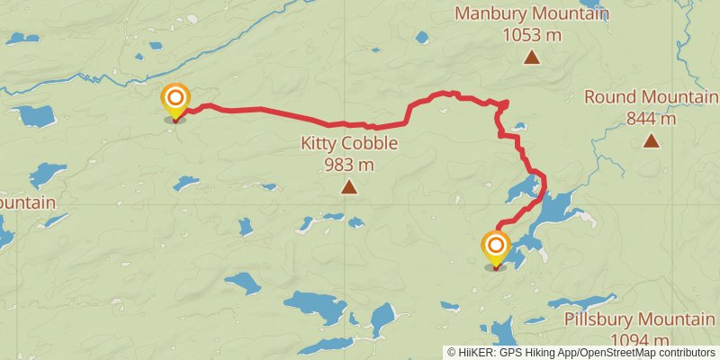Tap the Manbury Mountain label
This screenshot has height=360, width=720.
point(531,14)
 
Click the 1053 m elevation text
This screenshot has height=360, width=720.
point(532,36)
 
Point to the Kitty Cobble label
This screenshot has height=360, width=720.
point(349,143)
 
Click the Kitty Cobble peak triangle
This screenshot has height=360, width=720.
point(348,187)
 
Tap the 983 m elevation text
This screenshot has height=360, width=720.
point(349,165)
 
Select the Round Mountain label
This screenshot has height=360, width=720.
point(651,97)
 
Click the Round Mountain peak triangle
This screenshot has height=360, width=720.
point(651,140)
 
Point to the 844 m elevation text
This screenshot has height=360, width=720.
point(651,118)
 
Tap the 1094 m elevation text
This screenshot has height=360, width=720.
point(640,339)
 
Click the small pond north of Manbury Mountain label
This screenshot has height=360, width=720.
point(422,37)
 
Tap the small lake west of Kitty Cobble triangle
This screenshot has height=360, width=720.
point(186,183)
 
